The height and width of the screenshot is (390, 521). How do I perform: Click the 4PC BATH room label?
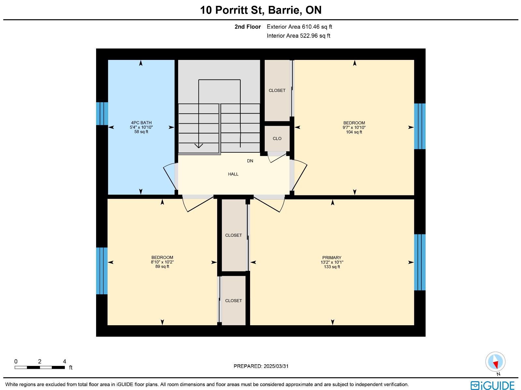pos(141,123)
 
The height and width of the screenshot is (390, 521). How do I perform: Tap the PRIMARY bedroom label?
pos(332,258)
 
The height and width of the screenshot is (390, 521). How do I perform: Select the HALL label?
pos(233,174)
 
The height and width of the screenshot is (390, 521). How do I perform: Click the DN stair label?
pos(250,161)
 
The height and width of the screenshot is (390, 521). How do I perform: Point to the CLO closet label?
pos(277,139)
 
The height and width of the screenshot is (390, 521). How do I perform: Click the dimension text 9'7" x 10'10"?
pos(354,127)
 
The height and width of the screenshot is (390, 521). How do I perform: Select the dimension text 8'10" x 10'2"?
pos(162,262)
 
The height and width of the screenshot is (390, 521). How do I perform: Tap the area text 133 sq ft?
pos(332,267)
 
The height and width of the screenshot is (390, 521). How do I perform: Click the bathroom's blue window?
pos(102,114)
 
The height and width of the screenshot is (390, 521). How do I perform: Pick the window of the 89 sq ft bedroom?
pos(102,271)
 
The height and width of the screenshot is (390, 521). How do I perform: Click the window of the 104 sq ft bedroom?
pos(420,126)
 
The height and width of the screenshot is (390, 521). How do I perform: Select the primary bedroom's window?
pos(420,262)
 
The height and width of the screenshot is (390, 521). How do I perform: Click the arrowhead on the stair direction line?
pos(199,146)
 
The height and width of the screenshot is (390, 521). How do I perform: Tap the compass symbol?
pos(495,362)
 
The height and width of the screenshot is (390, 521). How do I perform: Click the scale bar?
pos(40,368)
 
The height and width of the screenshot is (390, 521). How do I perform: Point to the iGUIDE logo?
pos(493,385)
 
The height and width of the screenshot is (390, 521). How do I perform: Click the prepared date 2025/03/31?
pos(276,366)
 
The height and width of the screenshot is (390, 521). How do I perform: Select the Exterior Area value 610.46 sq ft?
pos(317,27)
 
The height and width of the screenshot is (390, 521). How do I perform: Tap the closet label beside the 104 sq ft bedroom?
pos(277,91)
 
